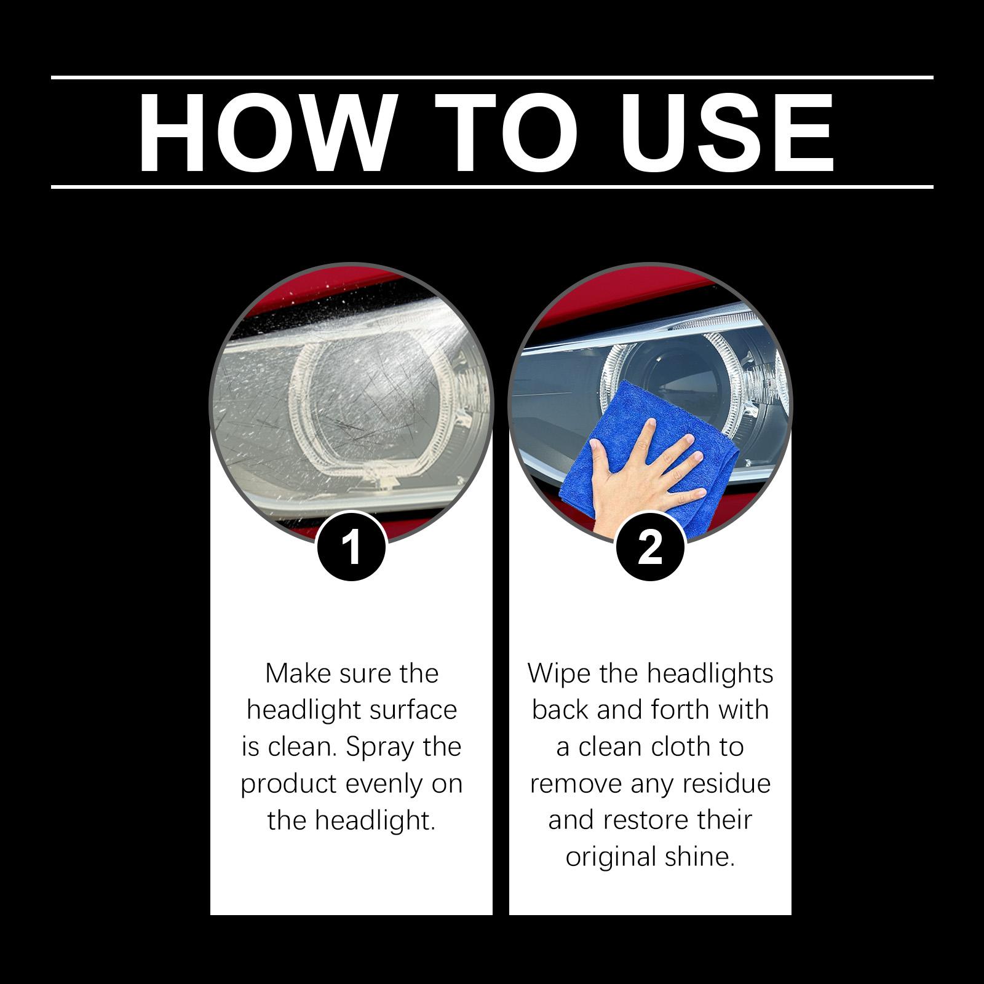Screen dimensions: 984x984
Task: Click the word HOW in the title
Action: pyautogui.click(x=264, y=133)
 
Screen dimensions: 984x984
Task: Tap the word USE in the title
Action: pyautogui.click(x=726, y=133)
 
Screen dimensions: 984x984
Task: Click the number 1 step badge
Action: pyautogui.click(x=351, y=546)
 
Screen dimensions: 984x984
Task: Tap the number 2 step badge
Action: pyautogui.click(x=650, y=546)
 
